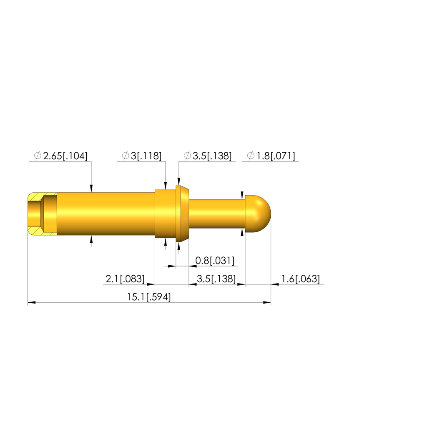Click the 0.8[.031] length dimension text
215,261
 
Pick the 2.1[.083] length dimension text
125,279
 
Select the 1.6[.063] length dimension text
300,279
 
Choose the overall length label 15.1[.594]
149,297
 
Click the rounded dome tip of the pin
258,214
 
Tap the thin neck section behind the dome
217,214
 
